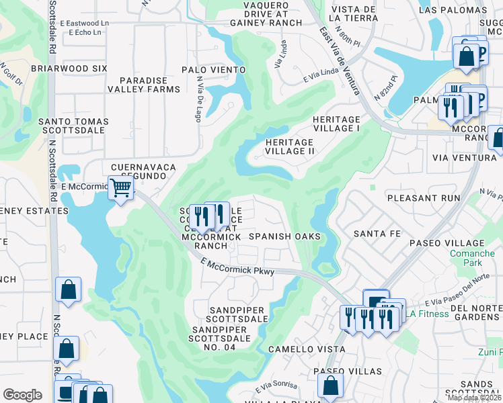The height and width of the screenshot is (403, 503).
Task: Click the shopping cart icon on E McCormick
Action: [x=120, y=187]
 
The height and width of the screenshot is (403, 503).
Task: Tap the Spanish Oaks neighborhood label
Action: [x=284, y=236]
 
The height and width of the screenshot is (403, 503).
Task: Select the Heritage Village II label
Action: [x=290, y=147]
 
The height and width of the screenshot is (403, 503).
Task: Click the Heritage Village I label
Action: [x=337, y=124]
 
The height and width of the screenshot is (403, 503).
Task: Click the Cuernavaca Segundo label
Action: [x=143, y=171]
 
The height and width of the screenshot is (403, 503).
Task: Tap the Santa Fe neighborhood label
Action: [x=377, y=233]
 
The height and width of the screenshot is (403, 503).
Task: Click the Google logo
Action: [x=22, y=394]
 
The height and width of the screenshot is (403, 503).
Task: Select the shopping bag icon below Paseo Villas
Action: [x=330, y=386]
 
